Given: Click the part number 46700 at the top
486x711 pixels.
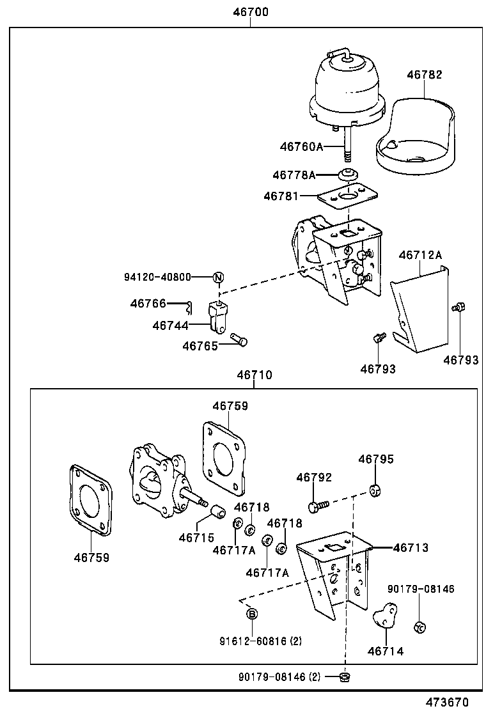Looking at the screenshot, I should (250, 12).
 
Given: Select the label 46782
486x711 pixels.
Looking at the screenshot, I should (424, 75).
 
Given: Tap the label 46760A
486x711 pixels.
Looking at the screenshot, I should (301, 146).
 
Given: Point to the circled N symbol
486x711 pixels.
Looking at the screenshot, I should (218, 277).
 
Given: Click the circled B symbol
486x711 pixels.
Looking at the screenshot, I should (253, 614).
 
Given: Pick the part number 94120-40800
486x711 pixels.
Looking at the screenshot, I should (157, 277).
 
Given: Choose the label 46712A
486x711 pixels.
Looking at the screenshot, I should (420, 255).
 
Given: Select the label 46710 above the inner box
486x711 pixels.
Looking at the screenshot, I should (255, 375).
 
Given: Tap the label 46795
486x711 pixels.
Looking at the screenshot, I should (376, 459).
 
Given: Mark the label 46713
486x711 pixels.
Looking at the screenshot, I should (411, 547).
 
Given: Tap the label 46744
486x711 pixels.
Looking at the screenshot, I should (170, 325).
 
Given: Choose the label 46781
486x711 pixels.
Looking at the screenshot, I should (281, 196).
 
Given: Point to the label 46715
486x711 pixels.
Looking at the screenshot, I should (196, 537).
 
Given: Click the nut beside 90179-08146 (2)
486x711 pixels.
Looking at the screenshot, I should (345, 676).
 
